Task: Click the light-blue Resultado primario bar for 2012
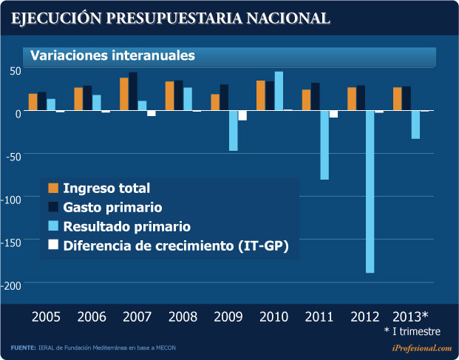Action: (x=370, y=191)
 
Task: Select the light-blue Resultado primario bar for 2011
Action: (x=324, y=145)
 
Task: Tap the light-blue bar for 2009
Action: (x=233, y=130)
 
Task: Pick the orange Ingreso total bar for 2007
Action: (x=124, y=94)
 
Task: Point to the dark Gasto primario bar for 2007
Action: (x=133, y=91)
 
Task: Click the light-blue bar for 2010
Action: (x=279, y=91)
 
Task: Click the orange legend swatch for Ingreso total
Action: (x=53, y=188)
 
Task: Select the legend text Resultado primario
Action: (x=127, y=226)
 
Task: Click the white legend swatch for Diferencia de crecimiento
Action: (x=53, y=245)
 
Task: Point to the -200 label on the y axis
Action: (x=15, y=284)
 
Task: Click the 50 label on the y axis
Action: (x=16, y=70)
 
